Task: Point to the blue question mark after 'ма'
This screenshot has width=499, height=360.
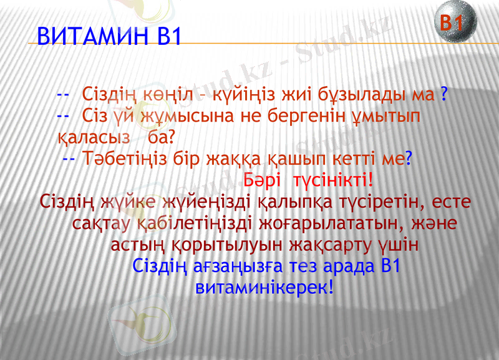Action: (x=442, y=95)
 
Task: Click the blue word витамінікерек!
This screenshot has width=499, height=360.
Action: (x=265, y=288)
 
